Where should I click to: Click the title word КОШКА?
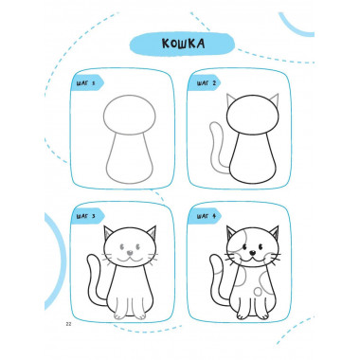coord(183,44)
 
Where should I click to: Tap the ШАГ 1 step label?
coord(85,83)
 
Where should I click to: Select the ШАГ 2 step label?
coord(207,83)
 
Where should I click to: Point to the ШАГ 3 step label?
coord(86,217)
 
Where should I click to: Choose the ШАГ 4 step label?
coord(207,216)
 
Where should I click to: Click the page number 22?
coord(68,324)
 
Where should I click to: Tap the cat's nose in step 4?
coord(253,252)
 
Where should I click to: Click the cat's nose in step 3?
coord(130,253)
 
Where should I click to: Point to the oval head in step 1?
coord(130,115)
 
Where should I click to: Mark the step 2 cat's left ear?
coord(231,100)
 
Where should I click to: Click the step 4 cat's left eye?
coord(244,246)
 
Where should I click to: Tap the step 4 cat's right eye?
coord(261,246)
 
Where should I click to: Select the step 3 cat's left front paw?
coord(119,315)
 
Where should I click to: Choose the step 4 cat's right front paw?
coord(262,315)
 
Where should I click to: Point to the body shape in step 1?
coord(130,158)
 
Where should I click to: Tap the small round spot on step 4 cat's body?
coord(259,291)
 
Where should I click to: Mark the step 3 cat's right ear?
coord(152,233)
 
